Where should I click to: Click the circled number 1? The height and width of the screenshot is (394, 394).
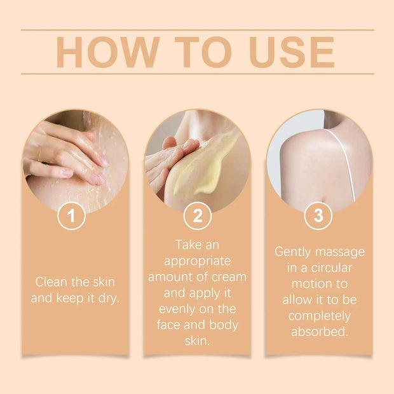(71, 216)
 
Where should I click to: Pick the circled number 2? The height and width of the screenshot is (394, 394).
(197, 216)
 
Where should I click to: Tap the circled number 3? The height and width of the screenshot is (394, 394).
(318, 216)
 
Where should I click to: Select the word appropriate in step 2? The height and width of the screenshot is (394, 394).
(197, 261)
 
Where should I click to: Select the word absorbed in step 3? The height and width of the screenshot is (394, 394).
(319, 331)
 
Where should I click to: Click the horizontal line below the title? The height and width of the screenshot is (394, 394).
(197, 74)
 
